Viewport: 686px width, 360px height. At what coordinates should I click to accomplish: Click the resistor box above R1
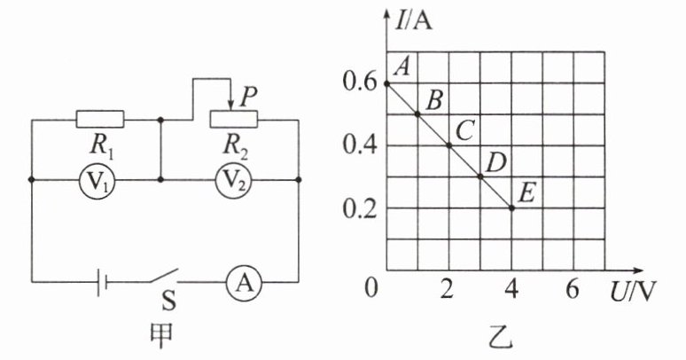click(99, 118)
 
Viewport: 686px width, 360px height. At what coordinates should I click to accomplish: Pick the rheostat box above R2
click(232, 118)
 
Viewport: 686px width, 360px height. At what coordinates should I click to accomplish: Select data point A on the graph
click(387, 83)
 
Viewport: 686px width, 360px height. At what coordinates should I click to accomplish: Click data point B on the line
click(418, 114)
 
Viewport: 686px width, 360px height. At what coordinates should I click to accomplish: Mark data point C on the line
click(449, 145)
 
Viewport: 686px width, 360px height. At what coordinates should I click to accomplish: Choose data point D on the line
click(480, 176)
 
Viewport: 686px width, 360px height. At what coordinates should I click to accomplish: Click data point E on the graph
click(511, 207)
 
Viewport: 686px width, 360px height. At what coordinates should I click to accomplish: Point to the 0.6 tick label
click(357, 83)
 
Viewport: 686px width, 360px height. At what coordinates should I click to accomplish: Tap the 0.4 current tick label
click(357, 145)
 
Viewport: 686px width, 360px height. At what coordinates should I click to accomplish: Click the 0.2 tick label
click(357, 208)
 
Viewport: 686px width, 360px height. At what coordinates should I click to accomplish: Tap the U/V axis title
click(633, 289)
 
